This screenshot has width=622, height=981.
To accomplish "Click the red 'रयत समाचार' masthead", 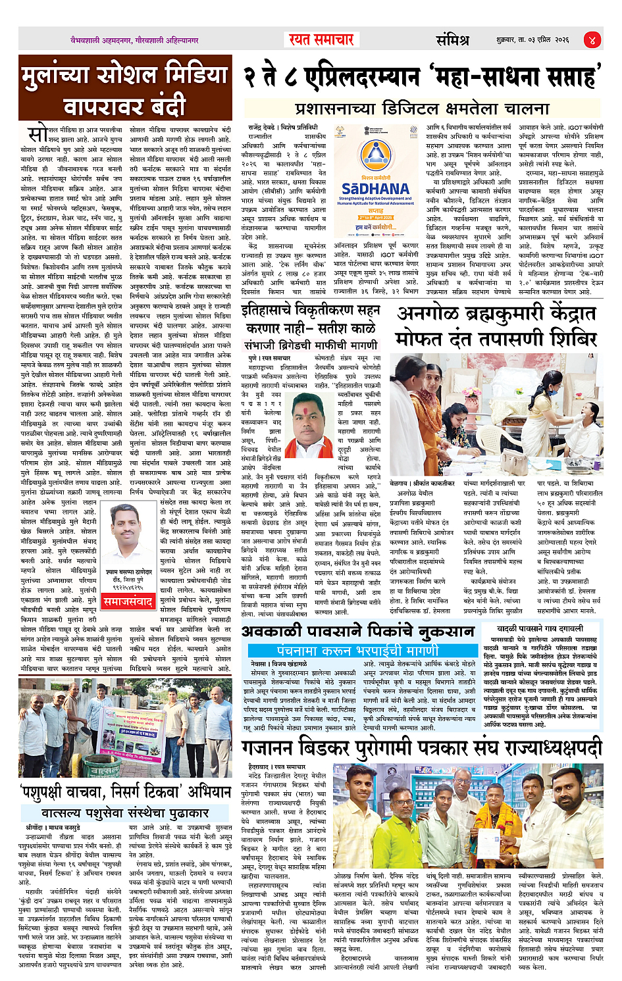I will tap(321, 39).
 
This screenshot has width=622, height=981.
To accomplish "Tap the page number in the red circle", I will tap(592, 39).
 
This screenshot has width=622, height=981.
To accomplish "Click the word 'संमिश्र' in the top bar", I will tap(452, 40).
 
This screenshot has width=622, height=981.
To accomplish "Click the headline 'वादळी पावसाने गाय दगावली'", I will tap(540, 629).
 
